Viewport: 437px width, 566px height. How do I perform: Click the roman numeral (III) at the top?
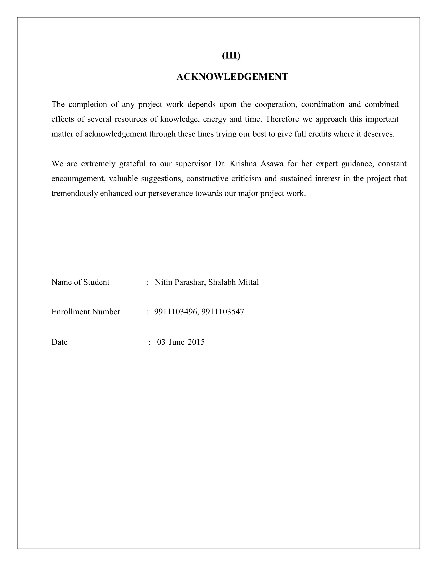tap(231, 56)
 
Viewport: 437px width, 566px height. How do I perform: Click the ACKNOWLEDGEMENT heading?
tap(232, 77)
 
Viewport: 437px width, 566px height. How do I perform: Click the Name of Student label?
tap(80, 282)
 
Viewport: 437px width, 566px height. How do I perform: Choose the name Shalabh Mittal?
tap(233, 282)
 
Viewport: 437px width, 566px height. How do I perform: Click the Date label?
tap(59, 342)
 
